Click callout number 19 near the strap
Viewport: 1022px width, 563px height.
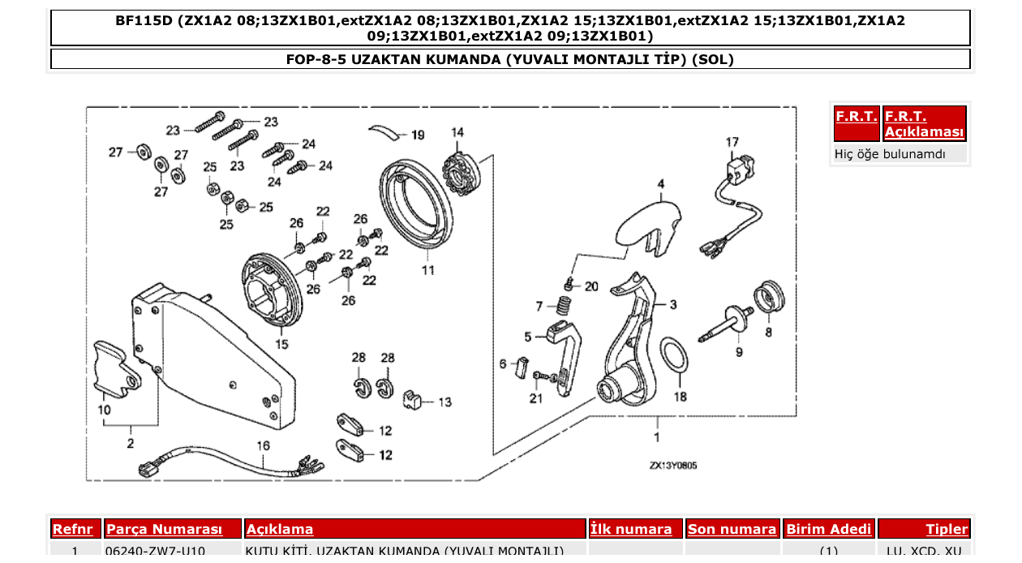(x=417, y=135)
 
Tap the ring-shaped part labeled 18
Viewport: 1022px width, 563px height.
(x=672, y=355)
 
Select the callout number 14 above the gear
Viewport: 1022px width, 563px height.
(x=457, y=132)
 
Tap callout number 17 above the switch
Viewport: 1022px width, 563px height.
(x=732, y=143)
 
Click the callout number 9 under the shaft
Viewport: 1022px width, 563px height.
(x=738, y=352)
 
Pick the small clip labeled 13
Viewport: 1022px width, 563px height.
(x=414, y=398)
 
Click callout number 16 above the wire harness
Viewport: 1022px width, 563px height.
(x=263, y=446)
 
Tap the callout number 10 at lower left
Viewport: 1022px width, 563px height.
(x=105, y=410)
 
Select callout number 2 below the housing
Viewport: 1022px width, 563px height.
(x=130, y=443)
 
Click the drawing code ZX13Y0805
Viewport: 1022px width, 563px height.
(x=672, y=466)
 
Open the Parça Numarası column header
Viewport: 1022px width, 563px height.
(x=164, y=530)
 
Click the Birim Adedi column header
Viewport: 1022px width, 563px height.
(x=828, y=530)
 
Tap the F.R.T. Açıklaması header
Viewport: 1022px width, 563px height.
(x=924, y=124)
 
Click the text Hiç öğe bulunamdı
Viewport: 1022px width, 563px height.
(x=890, y=153)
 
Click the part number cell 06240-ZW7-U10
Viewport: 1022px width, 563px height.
(x=156, y=552)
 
